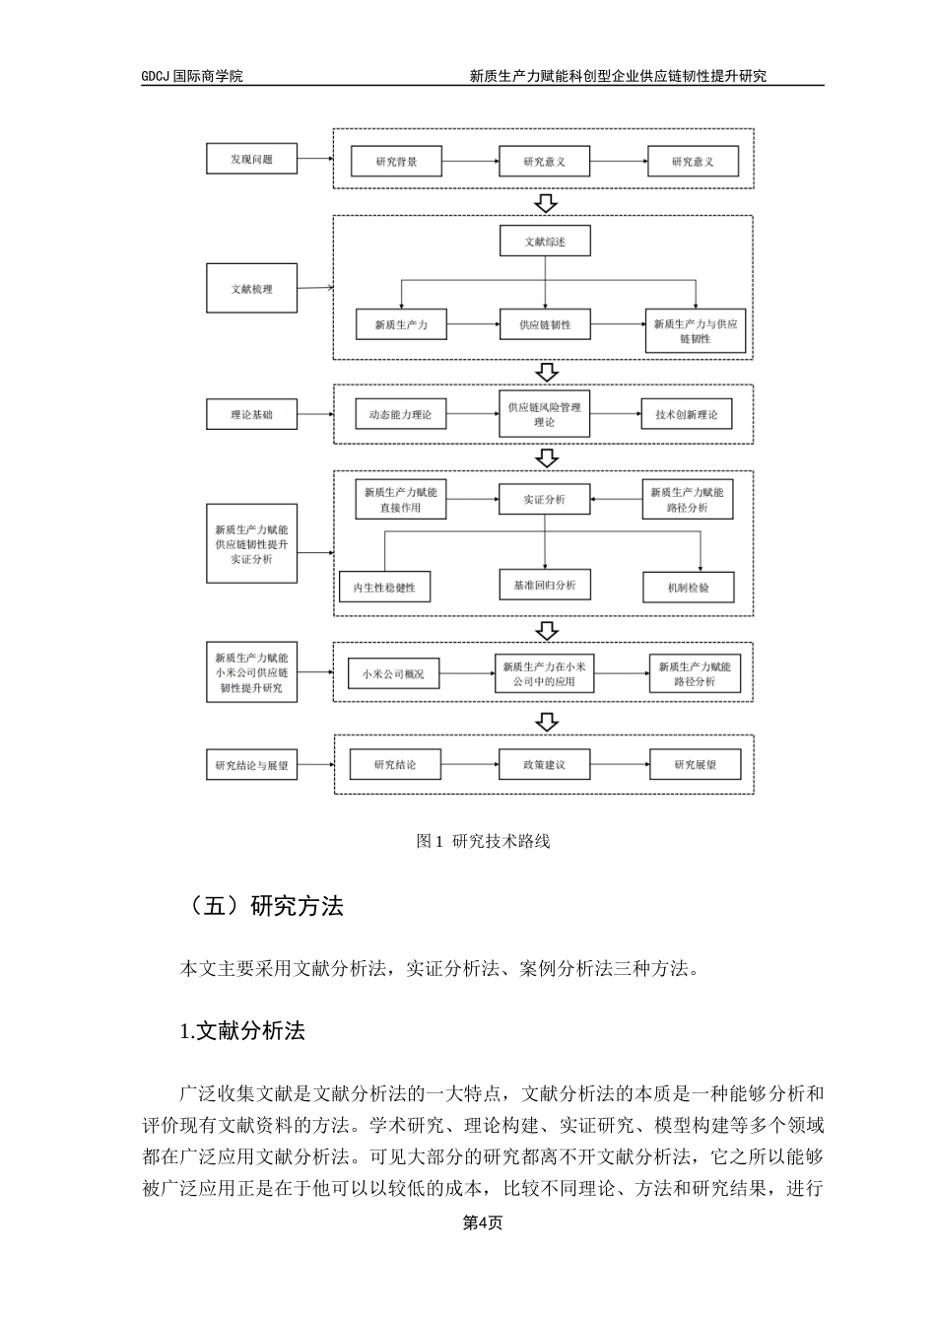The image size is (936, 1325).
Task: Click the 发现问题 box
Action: coord(251,159)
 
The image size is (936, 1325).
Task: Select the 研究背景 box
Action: coord(397,161)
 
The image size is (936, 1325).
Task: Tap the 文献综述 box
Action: coord(545,242)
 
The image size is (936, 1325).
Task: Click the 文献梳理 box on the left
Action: coord(251,289)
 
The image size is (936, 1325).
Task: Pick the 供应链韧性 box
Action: coord(545,324)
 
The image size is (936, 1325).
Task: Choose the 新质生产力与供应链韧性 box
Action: coord(695,331)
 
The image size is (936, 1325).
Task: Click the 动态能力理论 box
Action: coord(400,415)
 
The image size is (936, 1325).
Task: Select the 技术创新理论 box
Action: coord(686,415)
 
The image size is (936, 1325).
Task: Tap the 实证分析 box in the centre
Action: coord(545,499)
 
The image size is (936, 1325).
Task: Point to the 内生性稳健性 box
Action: coord(385,588)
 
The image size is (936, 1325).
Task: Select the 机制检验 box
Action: coord(688,588)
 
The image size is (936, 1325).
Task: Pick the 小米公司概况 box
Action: coord(393,674)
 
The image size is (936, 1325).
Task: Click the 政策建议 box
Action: coord(545,765)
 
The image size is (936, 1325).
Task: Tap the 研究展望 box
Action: coord(695,765)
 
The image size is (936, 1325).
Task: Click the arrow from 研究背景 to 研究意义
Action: coord(470,161)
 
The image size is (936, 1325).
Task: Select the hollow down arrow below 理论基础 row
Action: coord(545,458)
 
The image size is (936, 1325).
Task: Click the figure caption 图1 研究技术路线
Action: coord(483,841)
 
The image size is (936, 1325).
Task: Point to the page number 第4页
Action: coord(483,1222)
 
